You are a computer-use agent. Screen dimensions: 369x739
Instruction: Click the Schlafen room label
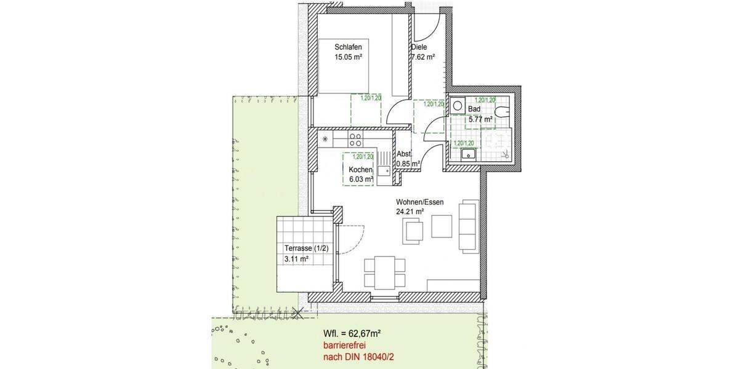pyautogui.click(x=348, y=47)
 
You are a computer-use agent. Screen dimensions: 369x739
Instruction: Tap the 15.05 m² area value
pyautogui.click(x=348, y=58)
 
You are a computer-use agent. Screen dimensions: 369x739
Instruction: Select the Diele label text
pyautogui.click(x=419, y=47)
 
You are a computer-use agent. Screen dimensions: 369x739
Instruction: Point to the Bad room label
pyautogui.click(x=474, y=109)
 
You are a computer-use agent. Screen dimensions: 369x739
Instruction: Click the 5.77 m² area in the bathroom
pyautogui.click(x=480, y=119)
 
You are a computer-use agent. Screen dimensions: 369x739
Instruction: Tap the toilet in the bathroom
pyautogui.click(x=504, y=111)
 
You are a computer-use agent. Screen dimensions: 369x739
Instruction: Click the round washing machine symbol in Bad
pyautogui.click(x=458, y=106)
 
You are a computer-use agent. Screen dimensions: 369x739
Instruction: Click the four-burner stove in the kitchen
pyautogui.click(x=355, y=138)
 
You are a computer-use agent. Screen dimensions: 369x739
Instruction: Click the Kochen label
pyautogui.click(x=360, y=170)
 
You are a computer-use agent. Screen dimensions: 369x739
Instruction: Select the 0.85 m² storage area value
pyautogui.click(x=408, y=164)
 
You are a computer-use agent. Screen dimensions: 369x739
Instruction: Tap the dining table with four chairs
pyautogui.click(x=385, y=272)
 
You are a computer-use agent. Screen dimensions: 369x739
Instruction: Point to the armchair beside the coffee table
pyautogui.click(x=414, y=232)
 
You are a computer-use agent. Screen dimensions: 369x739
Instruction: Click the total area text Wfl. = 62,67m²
pyautogui.click(x=352, y=333)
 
